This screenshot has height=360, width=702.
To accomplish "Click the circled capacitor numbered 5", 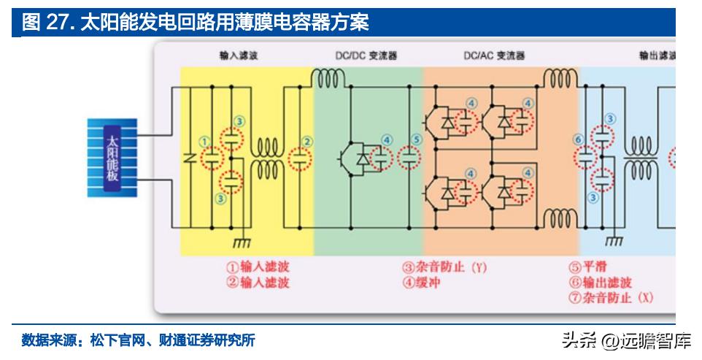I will point(410,156).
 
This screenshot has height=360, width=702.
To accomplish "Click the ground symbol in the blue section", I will point(614,240).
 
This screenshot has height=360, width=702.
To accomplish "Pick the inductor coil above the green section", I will point(330,76).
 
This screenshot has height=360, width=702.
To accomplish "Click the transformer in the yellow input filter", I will point(268,157).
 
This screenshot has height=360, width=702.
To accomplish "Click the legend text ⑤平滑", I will point(587,267).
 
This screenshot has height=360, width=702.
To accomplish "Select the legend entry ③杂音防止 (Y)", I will point(444,267).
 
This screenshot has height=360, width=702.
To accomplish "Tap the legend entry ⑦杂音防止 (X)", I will point(610,298).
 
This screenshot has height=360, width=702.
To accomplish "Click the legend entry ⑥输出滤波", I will point(599,283).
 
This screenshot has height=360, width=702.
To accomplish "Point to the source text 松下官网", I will point(114,340).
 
